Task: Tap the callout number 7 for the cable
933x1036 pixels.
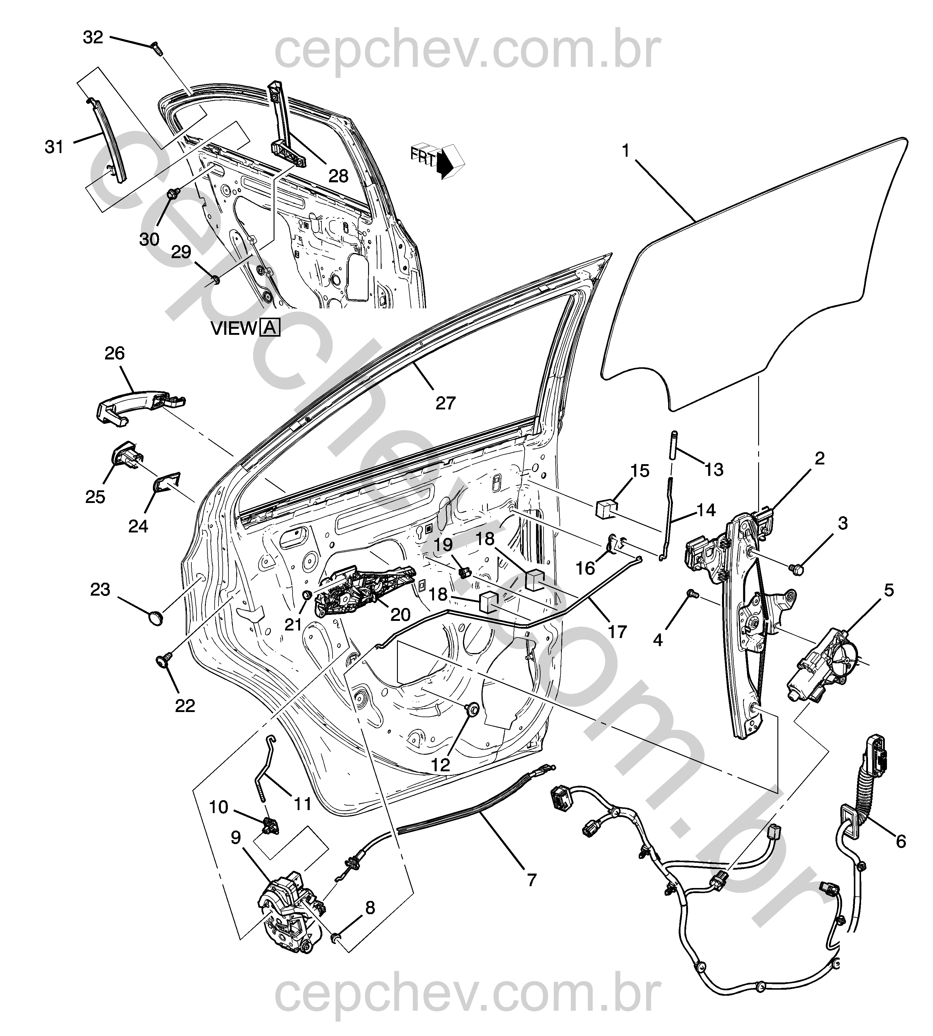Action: (x=531, y=880)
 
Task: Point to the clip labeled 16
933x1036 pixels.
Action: (x=615, y=543)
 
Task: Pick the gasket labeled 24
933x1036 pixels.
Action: (x=167, y=483)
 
